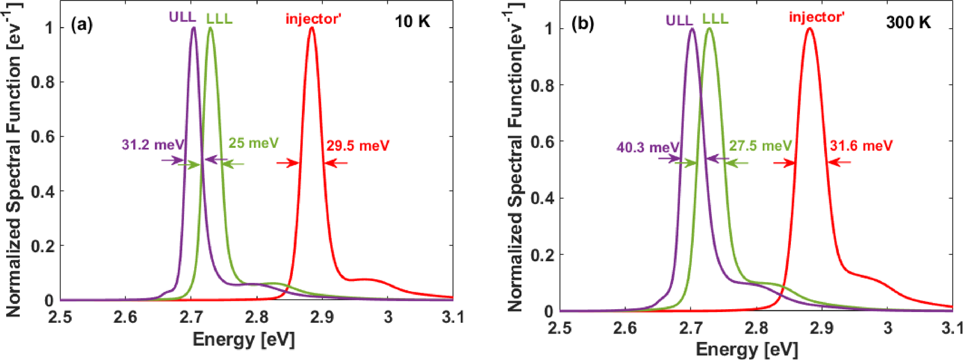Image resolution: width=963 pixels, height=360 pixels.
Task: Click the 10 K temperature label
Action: (412, 22)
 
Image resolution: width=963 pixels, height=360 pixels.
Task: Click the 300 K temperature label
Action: (908, 23)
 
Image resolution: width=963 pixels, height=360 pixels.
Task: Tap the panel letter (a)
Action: (82, 24)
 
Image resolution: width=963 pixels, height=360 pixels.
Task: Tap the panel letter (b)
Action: (582, 24)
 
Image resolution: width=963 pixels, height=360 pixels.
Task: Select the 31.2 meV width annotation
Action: (152, 145)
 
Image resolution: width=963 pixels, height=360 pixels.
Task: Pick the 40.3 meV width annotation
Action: (647, 148)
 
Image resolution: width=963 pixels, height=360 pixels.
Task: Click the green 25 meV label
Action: (253, 143)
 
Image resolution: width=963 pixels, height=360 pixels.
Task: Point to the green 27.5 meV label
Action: (760, 146)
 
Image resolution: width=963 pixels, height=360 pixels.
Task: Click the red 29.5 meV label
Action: (358, 146)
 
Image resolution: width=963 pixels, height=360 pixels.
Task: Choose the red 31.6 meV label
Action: (861, 146)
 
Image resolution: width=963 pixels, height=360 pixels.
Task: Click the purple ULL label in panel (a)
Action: (182, 17)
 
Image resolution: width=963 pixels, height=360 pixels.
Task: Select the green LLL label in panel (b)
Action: (715, 19)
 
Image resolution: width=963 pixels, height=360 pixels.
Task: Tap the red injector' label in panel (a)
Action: (313, 19)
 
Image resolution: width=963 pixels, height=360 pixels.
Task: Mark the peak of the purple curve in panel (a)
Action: (194, 27)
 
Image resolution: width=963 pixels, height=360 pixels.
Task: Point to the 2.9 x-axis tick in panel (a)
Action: (322, 317)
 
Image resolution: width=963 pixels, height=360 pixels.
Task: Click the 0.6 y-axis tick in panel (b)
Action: (543, 142)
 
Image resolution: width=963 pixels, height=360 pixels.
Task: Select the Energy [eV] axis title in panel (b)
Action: (747, 349)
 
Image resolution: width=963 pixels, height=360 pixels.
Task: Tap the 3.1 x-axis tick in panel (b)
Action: (953, 328)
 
